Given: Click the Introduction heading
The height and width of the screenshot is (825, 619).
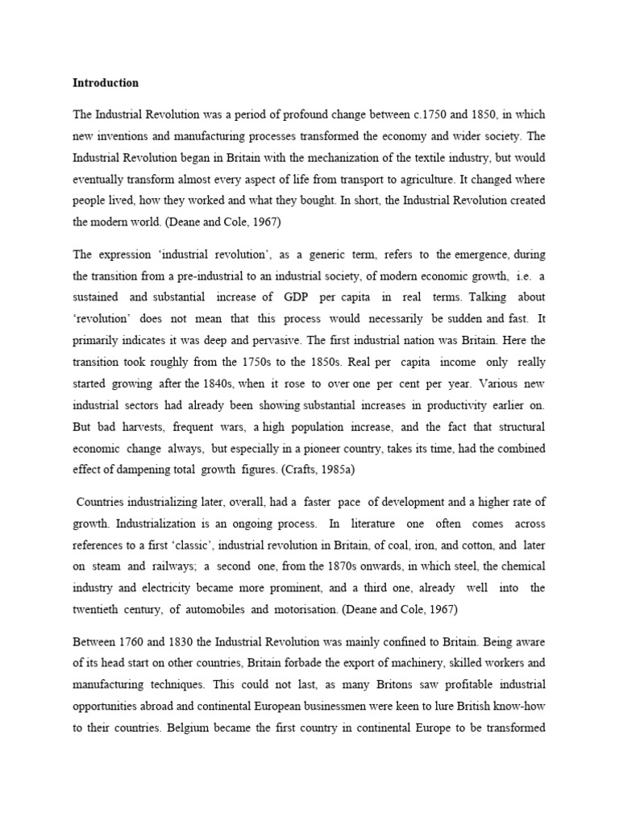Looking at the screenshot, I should pos(106,83).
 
